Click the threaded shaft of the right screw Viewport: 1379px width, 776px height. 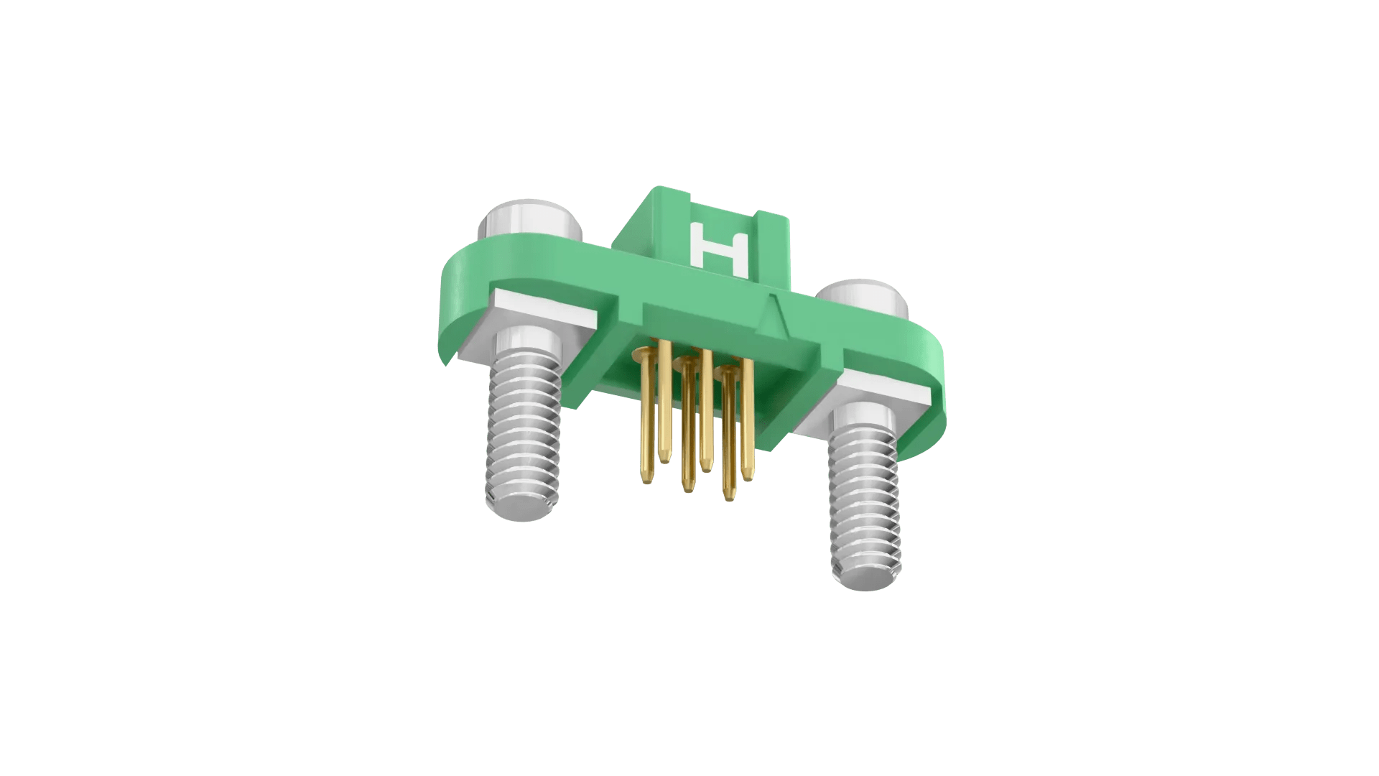coord(864,496)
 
